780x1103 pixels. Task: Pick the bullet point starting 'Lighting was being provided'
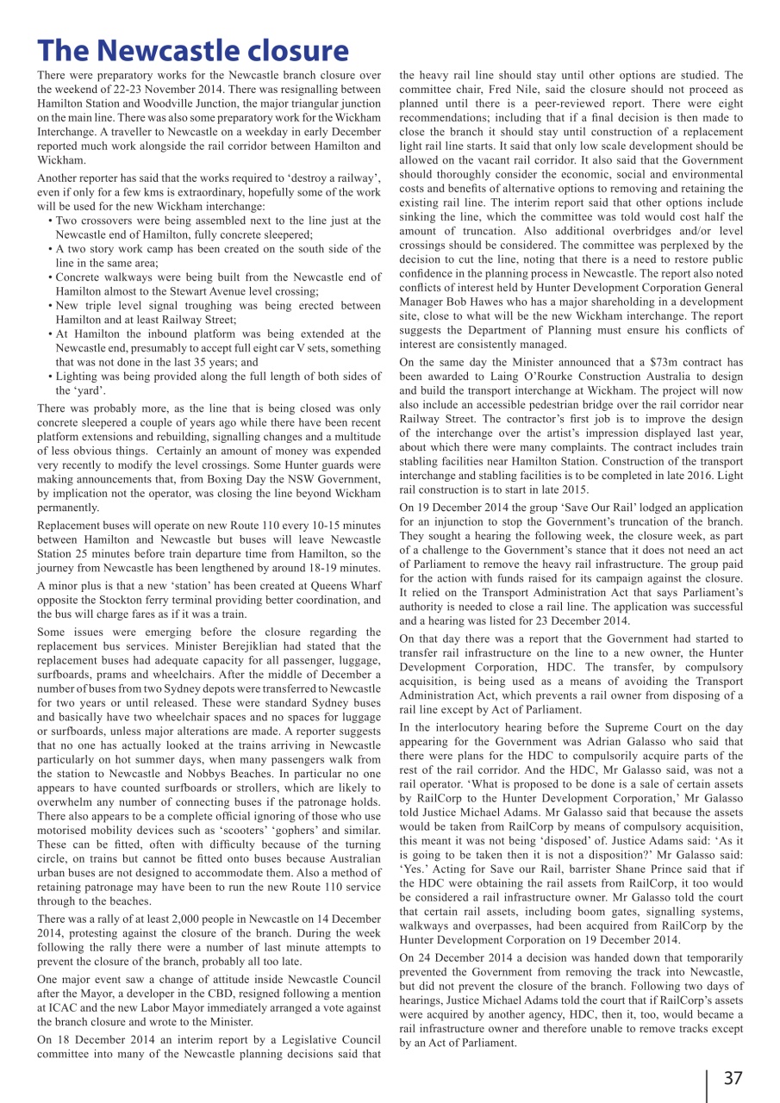(215, 383)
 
